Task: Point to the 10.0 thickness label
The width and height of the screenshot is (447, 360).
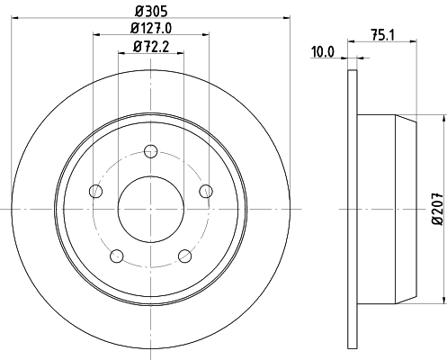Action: tap(323, 51)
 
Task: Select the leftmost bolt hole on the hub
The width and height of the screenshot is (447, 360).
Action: tap(94, 190)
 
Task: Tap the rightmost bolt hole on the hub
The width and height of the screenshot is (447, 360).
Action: tap(206, 190)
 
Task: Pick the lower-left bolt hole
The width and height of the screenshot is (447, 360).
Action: tap(116, 256)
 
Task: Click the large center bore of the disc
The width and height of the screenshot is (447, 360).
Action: tap(150, 209)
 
